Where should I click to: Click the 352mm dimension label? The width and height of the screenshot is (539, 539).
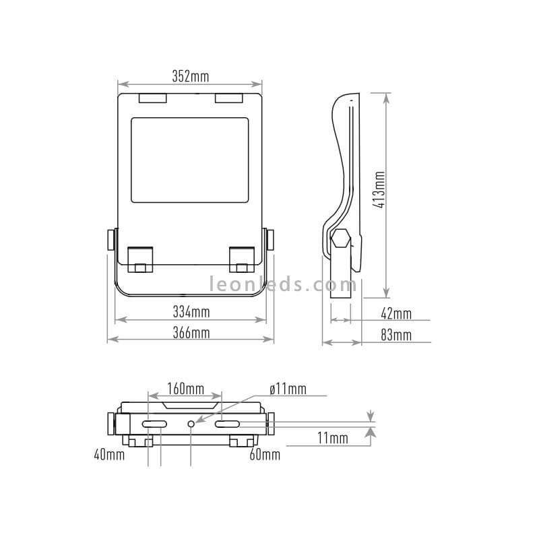coord(191,76)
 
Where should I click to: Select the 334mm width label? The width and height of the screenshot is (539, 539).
coord(191,312)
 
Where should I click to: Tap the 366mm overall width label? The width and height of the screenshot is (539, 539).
coord(191,332)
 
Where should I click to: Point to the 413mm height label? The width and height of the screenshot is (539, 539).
coord(380,189)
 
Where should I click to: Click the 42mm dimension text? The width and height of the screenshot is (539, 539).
coord(396,314)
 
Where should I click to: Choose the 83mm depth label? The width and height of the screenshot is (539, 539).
coord(396,335)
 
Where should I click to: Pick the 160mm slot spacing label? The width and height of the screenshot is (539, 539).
coord(186,389)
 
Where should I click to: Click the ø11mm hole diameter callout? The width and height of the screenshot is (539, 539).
coord(288,389)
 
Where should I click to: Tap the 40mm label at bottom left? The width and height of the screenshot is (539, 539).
coord(109,455)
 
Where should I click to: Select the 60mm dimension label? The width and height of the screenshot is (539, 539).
coord(265,455)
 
